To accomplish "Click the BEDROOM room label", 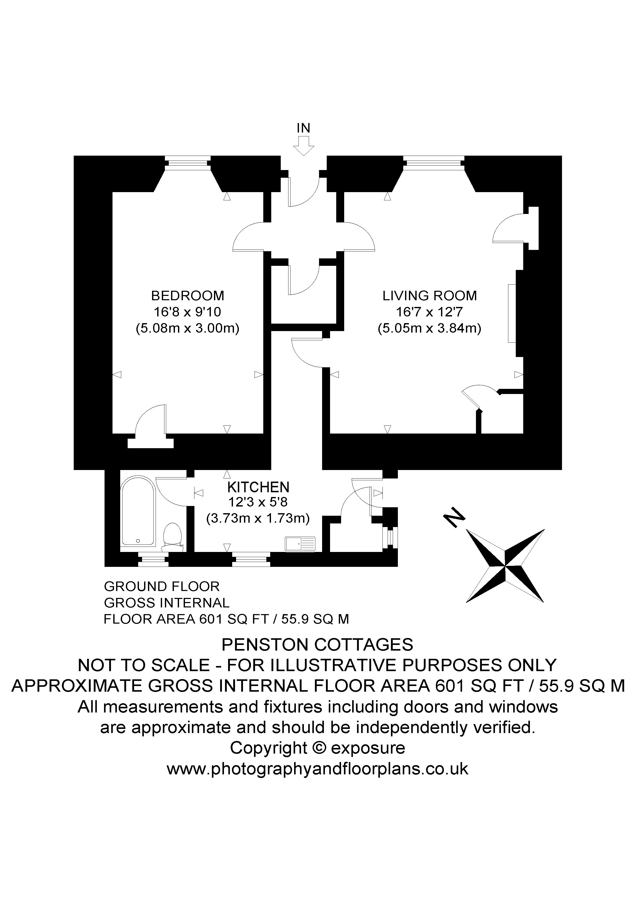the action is [x=188, y=295].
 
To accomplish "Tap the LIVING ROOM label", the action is [x=430, y=295].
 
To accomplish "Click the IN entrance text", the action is [x=303, y=128].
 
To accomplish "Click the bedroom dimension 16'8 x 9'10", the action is [x=187, y=312].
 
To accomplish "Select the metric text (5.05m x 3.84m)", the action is [x=429, y=328].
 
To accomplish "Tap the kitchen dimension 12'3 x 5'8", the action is [x=258, y=502].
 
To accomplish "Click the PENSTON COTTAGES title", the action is [x=317, y=645].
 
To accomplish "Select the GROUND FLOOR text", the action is [x=162, y=586].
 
